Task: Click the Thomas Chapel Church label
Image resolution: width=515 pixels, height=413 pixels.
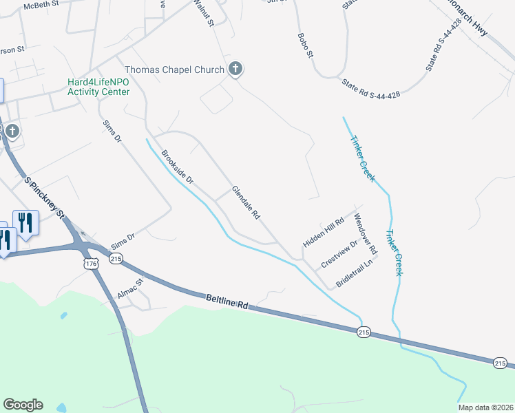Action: pos(174,70)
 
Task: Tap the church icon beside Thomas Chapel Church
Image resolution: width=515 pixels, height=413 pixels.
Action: pos(235,69)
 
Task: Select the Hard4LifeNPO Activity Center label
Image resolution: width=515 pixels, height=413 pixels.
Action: pos(98,87)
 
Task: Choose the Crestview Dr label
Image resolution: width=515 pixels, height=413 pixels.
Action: pos(339,254)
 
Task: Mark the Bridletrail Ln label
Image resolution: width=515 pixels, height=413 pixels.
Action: pos(357,273)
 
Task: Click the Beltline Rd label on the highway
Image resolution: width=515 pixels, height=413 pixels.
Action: pos(227,301)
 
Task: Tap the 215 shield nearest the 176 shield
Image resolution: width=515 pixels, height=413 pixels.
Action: pos(116,258)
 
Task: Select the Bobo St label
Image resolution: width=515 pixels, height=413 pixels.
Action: pos(305,44)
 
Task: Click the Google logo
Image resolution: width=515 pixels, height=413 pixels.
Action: pos(23,405)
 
